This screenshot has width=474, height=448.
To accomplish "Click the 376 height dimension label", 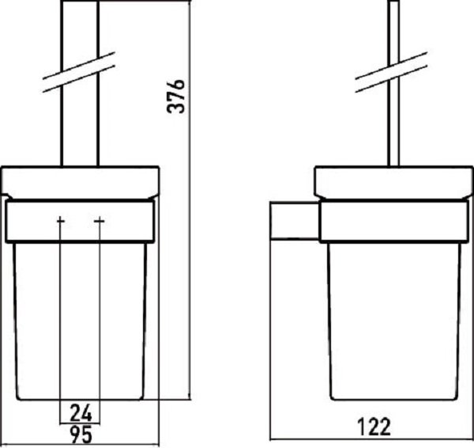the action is click(x=175, y=97).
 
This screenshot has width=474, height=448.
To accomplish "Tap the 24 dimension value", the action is click(x=81, y=413).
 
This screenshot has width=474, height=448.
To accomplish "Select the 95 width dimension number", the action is click(x=81, y=434).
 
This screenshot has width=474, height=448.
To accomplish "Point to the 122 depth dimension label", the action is click(x=374, y=427).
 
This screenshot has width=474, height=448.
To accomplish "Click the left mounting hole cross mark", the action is click(x=61, y=221).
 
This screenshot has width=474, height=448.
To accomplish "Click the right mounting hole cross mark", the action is click(x=100, y=221).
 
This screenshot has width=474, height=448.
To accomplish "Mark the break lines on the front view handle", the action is click(x=79, y=72).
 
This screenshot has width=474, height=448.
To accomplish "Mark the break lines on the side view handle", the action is click(x=391, y=72).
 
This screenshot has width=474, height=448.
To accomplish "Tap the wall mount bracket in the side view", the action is click(x=295, y=220).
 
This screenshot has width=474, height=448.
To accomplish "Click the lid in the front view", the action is click(x=80, y=183).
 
